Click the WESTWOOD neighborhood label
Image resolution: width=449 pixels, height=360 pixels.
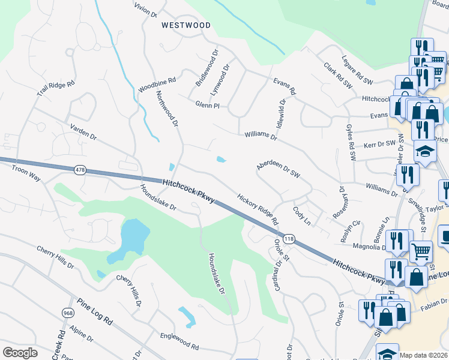pos(185,25)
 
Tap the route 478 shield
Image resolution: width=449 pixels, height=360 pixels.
pos(80,170)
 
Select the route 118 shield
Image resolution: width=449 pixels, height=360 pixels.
pos(290,239)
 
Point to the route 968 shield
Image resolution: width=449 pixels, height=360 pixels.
pos(67,313)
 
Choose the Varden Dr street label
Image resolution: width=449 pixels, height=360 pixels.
pos(83,132)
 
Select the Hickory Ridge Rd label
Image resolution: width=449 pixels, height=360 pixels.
pos(258,209)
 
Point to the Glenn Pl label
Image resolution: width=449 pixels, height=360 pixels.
pos(207,105)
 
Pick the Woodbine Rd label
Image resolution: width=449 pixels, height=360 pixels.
pos(156,84)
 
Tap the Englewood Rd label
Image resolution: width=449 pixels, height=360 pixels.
pos(179,343)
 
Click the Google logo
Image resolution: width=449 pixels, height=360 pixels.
pos(20,352)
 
